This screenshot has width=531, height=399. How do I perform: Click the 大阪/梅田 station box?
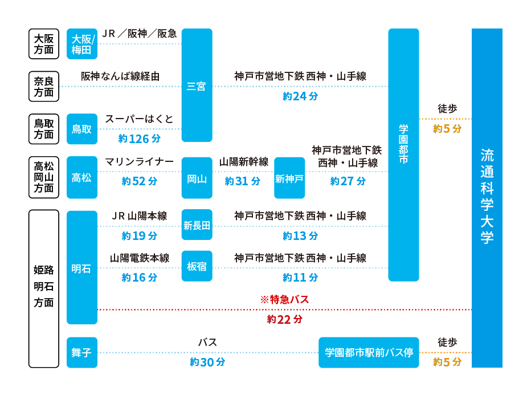82,44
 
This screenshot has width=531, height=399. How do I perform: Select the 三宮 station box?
197,85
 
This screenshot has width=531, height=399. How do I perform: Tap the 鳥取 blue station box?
82,129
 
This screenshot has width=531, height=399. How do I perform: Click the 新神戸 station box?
289,178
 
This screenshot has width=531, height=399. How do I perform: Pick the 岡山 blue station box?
197,178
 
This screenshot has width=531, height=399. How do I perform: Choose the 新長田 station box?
197,225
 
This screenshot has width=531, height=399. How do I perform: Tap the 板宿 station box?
197,266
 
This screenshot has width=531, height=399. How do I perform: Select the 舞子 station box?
82,352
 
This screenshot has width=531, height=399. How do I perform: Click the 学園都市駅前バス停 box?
369,352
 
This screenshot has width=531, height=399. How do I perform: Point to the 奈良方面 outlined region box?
44,87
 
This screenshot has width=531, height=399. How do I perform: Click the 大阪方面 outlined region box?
44,44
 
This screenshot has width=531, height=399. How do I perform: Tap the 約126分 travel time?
139,139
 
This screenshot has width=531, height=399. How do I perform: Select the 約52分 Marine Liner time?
139,181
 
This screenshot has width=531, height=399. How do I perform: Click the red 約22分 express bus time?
284,319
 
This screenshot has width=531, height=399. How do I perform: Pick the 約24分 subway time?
300,96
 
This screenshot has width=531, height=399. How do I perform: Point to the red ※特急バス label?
284,299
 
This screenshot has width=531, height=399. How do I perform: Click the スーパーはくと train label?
139,119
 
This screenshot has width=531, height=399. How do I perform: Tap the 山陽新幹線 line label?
244,161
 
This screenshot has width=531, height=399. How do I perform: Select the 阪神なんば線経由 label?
120,76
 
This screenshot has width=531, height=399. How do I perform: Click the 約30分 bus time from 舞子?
207,362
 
